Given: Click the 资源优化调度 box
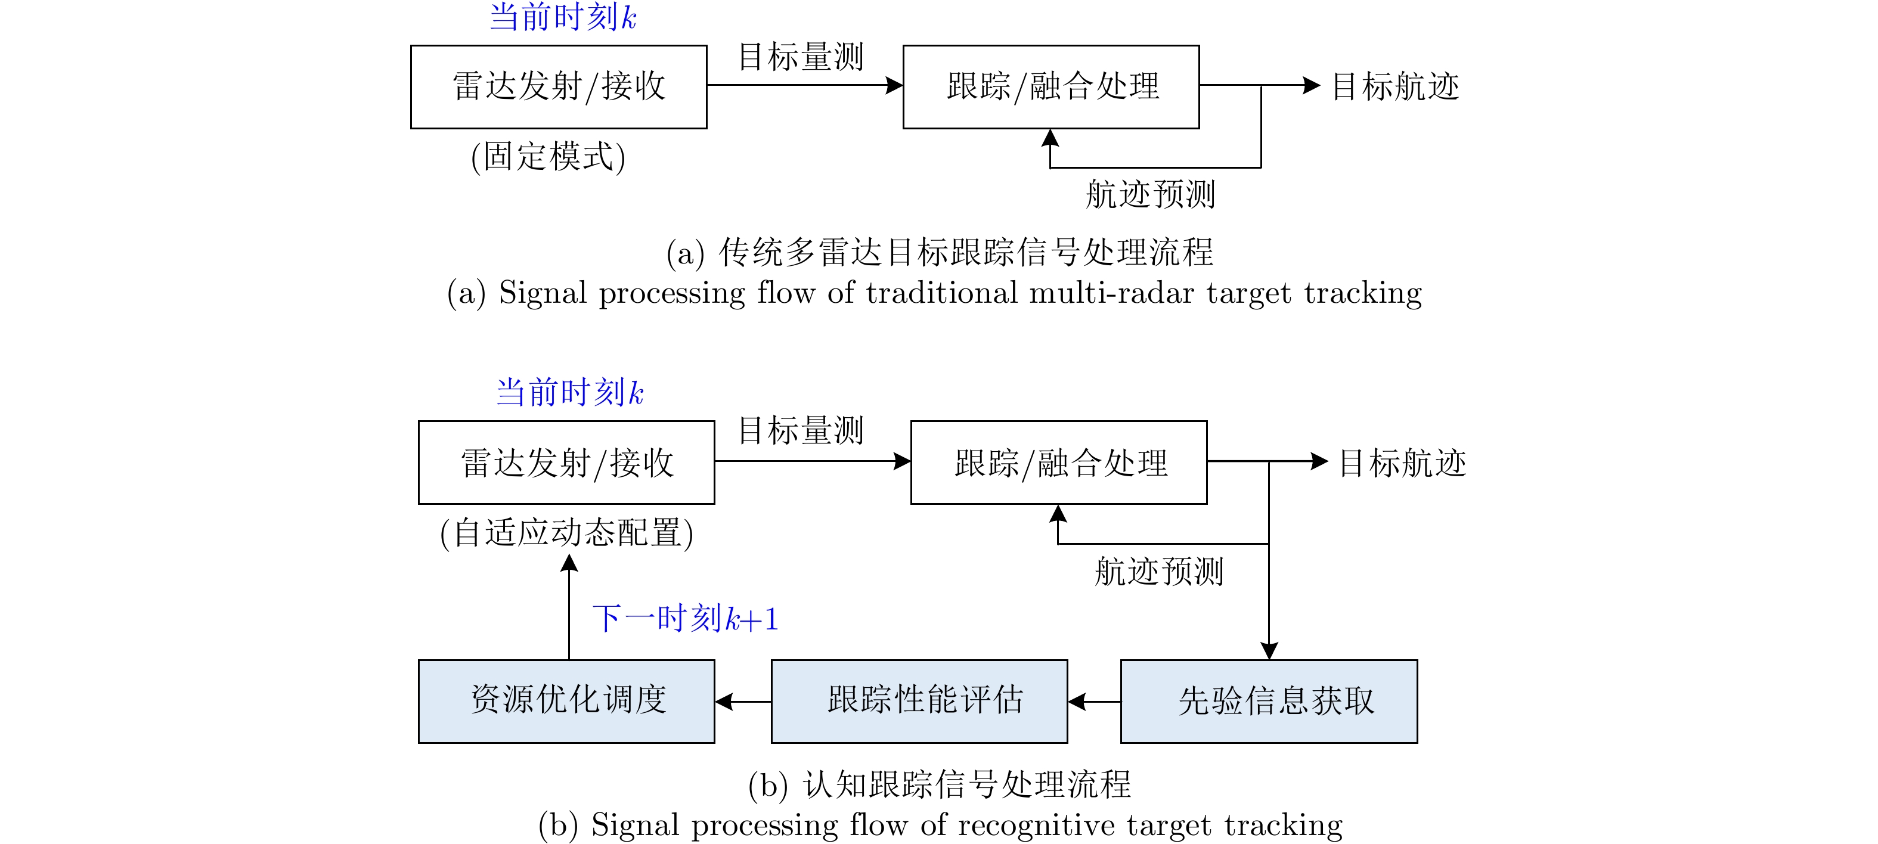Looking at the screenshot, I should coord(566,700).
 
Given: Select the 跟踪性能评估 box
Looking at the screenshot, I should coord(919,700).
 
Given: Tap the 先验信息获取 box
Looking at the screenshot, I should coord(1269,700).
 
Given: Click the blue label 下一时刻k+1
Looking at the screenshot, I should coord(685,619).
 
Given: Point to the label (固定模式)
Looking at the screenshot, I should coord(548,157).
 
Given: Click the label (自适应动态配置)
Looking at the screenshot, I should coord(566,533).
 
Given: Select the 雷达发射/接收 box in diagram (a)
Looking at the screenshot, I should coord(559,87).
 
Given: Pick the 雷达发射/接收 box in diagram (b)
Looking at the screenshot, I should coord(566,462).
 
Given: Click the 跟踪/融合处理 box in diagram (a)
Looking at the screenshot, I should coord(1050,87).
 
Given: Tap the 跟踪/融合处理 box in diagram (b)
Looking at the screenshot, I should coord(1059,462).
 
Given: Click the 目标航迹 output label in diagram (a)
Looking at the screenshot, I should coord(1394,87).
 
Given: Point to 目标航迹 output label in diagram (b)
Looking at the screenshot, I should coord(1402,463).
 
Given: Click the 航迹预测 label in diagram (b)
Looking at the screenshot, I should coord(1158,570).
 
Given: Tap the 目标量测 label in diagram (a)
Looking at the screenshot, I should coord(801,57).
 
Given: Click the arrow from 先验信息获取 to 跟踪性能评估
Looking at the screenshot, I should coord(1094,701).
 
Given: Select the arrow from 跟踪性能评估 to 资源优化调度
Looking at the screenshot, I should coord(743,701).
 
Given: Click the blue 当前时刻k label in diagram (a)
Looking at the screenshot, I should coord(563,17).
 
